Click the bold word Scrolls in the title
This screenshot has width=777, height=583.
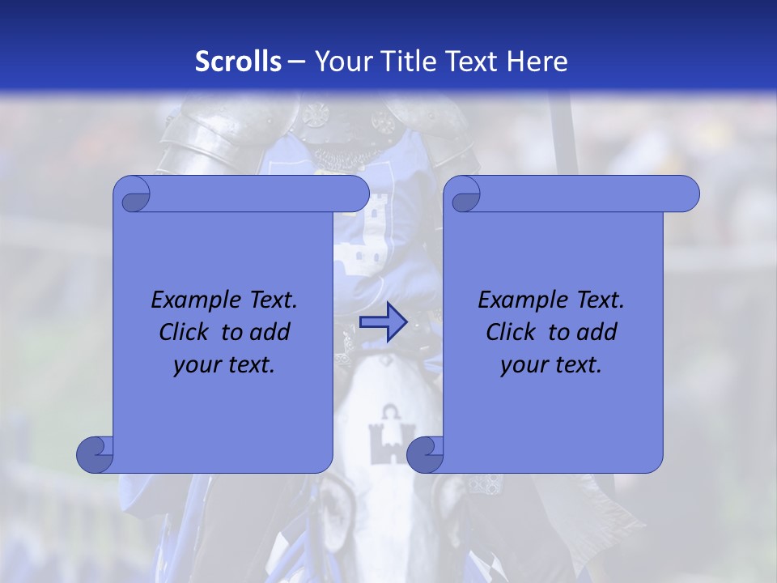[239, 62]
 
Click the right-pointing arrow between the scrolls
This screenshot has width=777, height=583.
[383, 322]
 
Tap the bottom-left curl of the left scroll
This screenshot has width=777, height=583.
[96, 454]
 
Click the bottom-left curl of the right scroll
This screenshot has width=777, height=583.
[426, 454]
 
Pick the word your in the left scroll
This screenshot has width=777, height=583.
[196, 365]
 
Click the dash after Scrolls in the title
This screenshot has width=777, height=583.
[296, 62]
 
